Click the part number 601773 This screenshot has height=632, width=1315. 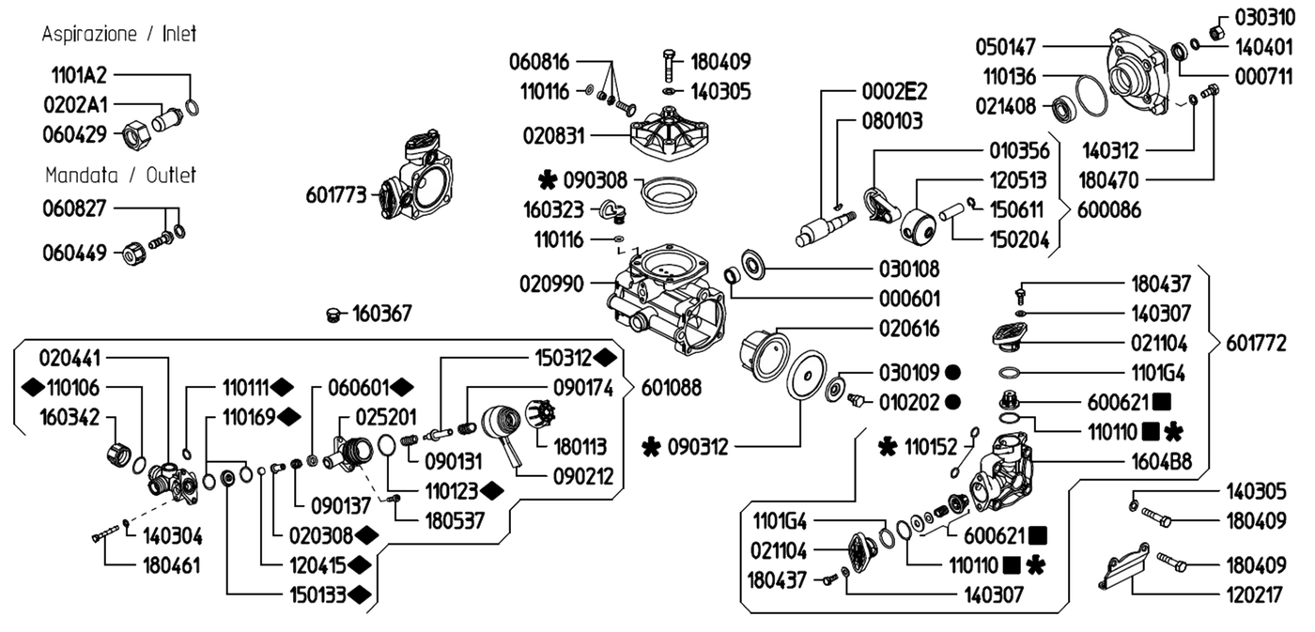tap(336, 194)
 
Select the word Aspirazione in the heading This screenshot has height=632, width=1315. tap(89, 34)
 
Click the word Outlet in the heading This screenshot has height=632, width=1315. tap(171, 175)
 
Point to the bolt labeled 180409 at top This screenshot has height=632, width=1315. tap(669, 65)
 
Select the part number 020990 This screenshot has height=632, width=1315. tap(552, 284)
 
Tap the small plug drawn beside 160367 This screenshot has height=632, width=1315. tap(333, 316)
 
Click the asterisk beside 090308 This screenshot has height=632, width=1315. tap(547, 180)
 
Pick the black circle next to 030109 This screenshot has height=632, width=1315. tap(953, 373)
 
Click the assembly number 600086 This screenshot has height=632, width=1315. tap(1109, 210)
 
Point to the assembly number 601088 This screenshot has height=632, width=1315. tap(671, 388)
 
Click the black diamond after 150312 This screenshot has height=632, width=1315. tap(605, 358)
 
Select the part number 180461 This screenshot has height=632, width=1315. tap(171, 565)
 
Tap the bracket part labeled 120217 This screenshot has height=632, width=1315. tap(1124, 566)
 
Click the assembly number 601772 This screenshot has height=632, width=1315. tap(1257, 344)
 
